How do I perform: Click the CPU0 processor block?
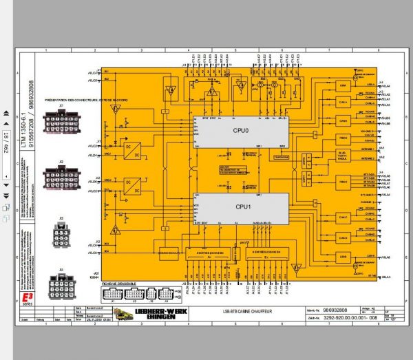[x=240, y=131]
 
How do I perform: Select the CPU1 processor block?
[x=240, y=204]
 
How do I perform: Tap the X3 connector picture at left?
[x=61, y=232]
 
